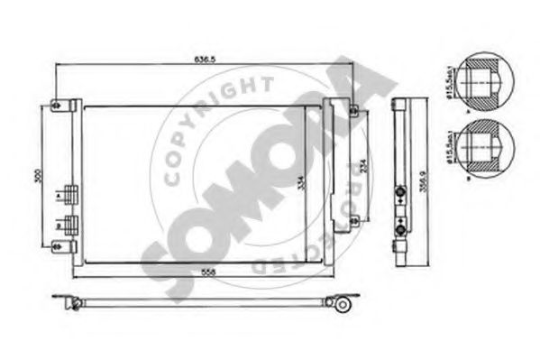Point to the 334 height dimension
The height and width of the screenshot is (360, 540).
(301, 184)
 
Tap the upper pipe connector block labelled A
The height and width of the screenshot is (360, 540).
(72, 194)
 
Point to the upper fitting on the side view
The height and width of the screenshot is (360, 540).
(398, 192)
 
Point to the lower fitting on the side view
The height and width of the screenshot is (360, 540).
(398, 227)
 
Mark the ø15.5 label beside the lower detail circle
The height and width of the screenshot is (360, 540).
(449, 147)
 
